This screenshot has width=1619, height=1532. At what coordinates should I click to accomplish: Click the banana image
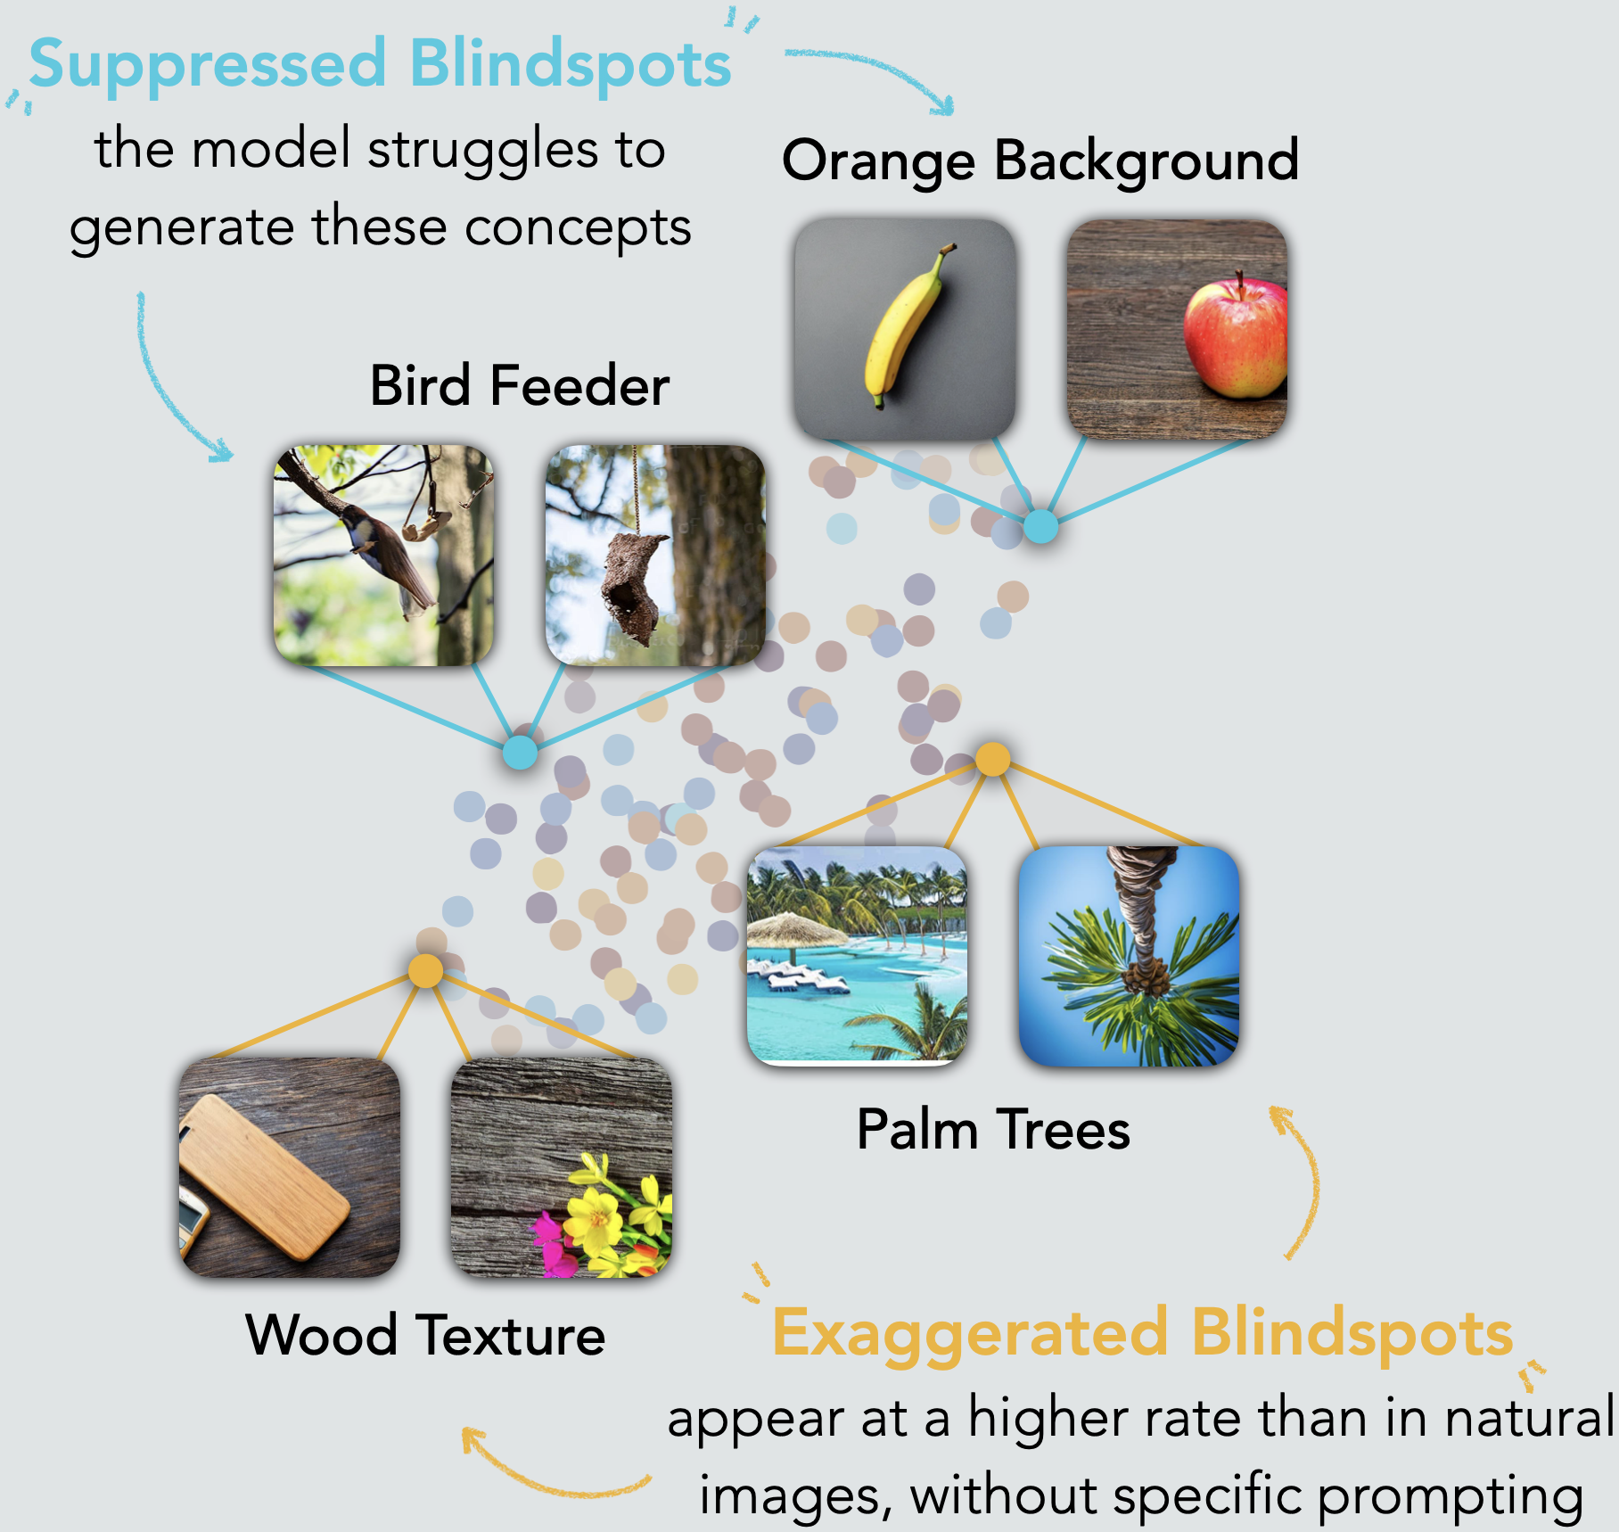point(903,328)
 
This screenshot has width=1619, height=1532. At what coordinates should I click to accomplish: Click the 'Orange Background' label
point(1040,161)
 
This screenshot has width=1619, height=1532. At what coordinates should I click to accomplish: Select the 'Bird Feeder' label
point(519,386)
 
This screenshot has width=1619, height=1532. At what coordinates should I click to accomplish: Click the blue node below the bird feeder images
point(520,752)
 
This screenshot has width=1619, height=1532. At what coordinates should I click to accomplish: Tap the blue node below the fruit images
point(1040,526)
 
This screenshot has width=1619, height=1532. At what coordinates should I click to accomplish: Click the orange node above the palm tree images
point(992,759)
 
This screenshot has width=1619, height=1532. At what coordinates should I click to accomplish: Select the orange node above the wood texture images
point(425,970)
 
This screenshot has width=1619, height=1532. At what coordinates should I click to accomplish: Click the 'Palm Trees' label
point(992,1130)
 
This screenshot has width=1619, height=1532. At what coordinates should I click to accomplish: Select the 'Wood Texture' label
point(425,1335)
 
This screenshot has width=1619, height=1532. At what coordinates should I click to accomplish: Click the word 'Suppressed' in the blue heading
point(208,65)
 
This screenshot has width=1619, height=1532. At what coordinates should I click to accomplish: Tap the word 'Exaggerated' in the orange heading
point(969,1333)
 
